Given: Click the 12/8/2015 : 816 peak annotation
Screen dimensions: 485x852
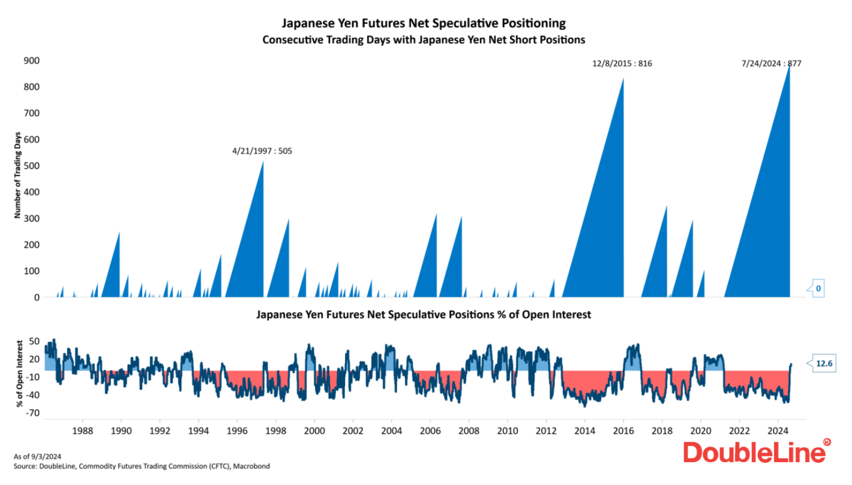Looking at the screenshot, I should click(622, 63).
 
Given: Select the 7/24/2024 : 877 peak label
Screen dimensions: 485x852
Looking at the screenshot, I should click(772, 63).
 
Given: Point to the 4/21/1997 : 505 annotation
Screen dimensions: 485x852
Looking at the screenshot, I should click(262, 151).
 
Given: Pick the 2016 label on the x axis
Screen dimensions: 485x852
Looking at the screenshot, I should click(623, 430).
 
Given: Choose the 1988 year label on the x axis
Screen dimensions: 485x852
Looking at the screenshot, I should click(83, 430).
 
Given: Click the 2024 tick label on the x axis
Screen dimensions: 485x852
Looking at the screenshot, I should click(778, 430).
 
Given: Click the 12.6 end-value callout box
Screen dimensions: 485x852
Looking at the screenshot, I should click(823, 363).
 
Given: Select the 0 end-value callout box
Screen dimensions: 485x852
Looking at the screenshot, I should click(817, 289).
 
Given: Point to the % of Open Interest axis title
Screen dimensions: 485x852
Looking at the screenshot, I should click(20, 373).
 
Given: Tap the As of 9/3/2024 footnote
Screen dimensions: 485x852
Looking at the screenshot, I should click(37, 457).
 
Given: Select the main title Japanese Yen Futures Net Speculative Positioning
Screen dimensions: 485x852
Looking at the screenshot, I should click(424, 23).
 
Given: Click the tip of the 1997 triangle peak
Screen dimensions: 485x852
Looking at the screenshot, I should click(263, 161).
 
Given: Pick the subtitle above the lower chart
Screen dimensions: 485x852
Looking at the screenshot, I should click(424, 314).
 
